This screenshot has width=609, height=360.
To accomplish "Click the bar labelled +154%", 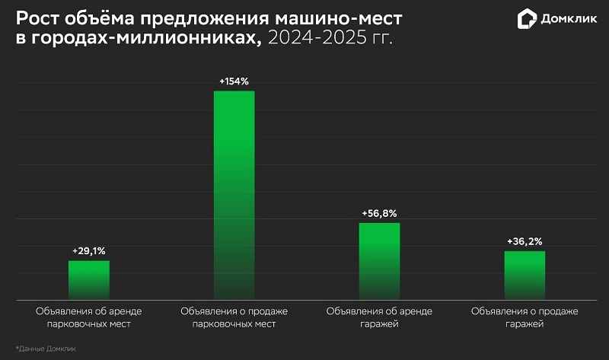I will pyautogui.click(x=234, y=195).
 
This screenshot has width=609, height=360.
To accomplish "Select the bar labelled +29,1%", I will pyautogui.click(x=89, y=279).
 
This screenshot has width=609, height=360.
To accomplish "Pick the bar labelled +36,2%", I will pyautogui.click(x=525, y=275).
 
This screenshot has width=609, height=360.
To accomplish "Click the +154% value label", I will pyautogui.click(x=234, y=81).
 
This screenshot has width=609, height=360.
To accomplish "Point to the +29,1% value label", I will pyautogui.click(x=89, y=250).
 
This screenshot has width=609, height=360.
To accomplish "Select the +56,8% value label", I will pyautogui.click(x=379, y=213).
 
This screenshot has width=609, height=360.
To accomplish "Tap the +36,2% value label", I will pyautogui.click(x=525, y=241).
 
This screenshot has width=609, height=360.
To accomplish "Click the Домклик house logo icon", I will pyautogui.click(x=527, y=19).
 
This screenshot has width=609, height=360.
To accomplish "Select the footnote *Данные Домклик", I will pyautogui.click(x=46, y=348).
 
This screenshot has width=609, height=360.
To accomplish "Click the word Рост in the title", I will pyautogui.click(x=38, y=19).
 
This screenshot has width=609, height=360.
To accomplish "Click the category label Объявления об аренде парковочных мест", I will pyautogui.click(x=89, y=317).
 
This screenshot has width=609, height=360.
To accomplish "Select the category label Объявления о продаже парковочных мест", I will pyautogui.click(x=234, y=317).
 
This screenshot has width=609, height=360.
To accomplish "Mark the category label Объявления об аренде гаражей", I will pyautogui.click(x=379, y=317).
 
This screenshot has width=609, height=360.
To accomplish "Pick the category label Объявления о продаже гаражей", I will pyautogui.click(x=525, y=317).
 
